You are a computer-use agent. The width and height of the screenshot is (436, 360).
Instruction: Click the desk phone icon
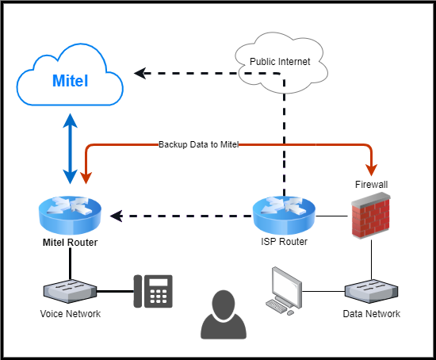coord(153,291)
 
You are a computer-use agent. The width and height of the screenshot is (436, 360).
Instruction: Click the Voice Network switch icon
coord(70,291)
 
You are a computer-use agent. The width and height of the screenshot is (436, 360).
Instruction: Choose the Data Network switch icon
coord(370,291)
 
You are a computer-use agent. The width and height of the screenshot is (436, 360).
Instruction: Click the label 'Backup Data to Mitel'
coord(198,144)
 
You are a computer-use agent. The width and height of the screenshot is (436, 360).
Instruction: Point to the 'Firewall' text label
coord(371,184)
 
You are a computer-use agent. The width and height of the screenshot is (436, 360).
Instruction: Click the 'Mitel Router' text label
coord(71,242)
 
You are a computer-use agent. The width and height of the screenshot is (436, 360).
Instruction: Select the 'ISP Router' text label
coord(284,242)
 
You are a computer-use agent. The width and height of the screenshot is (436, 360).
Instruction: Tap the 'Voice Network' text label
coord(71,314)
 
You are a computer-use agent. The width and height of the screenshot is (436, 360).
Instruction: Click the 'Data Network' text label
coord(371,314)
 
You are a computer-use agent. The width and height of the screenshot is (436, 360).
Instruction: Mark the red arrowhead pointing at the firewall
coord(370,170)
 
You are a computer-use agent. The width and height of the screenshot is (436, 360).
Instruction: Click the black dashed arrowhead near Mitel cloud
coord(140,74)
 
